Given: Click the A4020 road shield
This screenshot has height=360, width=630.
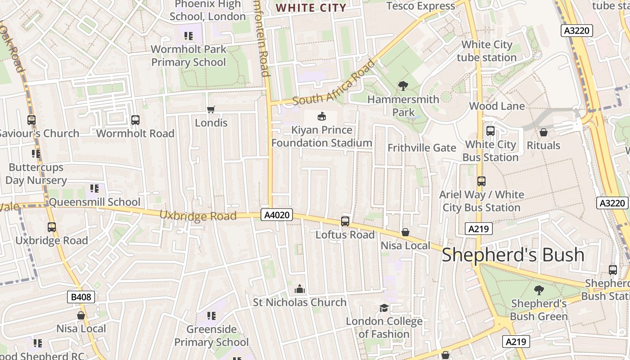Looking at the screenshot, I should [x=277, y=215].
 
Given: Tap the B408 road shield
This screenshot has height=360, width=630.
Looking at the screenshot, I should [x=81, y=297].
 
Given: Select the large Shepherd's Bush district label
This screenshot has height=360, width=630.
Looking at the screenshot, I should [x=513, y=255].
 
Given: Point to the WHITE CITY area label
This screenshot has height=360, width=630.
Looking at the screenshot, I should [x=311, y=8].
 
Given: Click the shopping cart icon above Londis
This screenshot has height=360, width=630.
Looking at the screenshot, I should [x=211, y=109].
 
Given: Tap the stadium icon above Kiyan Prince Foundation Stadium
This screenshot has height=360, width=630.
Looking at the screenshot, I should [x=321, y=117].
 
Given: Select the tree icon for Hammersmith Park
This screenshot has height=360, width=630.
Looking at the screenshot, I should [x=403, y=85].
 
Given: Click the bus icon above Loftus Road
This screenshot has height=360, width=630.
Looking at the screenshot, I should [x=345, y=221].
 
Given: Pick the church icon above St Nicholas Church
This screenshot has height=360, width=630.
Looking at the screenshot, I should [x=299, y=289].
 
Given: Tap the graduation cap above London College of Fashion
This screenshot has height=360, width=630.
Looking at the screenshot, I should [x=384, y=308].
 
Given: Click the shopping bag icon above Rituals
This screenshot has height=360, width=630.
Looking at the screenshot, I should [x=543, y=132].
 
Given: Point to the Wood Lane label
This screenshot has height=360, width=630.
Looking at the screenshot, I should [x=497, y=106].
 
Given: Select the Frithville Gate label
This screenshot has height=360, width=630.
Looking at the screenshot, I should [x=422, y=148].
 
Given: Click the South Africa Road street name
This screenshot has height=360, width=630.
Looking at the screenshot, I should [x=333, y=83].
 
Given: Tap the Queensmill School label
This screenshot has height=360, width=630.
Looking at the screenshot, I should [x=94, y=202].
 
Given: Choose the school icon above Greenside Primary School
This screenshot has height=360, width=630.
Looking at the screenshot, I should [x=211, y=316].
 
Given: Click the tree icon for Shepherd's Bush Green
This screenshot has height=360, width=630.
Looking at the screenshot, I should [x=539, y=290].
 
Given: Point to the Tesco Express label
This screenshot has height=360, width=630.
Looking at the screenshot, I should [x=421, y=6].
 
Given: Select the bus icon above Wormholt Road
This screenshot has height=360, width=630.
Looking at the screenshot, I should [x=135, y=120].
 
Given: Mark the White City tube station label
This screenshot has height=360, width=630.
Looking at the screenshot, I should [x=487, y=51].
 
